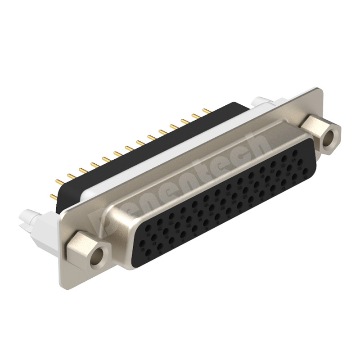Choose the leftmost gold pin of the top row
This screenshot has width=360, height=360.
point(57,180)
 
